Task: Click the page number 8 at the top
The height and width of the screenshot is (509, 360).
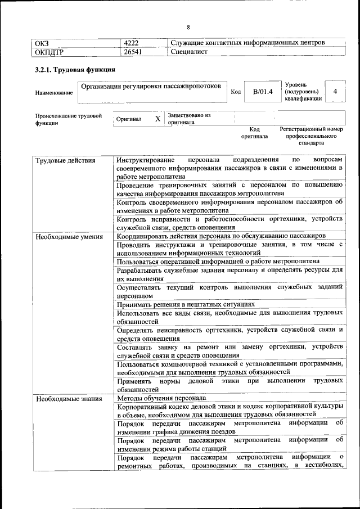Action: (x=188, y=27)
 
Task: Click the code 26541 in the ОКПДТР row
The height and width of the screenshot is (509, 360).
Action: (x=133, y=52)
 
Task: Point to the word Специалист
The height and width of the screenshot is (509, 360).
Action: (x=189, y=52)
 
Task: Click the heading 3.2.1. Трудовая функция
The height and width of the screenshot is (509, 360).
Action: (x=75, y=70)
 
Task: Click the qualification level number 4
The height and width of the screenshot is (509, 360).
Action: (x=335, y=91)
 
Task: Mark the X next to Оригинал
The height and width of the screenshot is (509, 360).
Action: (x=157, y=119)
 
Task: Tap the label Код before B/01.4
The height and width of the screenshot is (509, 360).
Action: (x=236, y=92)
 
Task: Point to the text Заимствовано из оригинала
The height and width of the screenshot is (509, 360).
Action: (x=189, y=119)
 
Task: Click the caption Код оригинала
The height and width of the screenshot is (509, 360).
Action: (x=254, y=133)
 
